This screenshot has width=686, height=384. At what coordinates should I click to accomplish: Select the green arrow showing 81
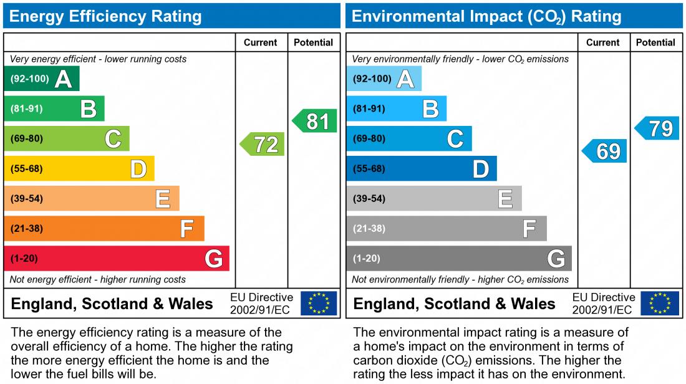[316, 121]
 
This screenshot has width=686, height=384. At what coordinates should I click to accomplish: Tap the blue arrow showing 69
[605, 151]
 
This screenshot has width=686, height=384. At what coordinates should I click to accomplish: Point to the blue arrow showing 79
[658, 128]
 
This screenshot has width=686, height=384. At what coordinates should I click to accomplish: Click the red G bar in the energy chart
[117, 258]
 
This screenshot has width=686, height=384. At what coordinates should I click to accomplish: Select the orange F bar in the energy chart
[104, 228]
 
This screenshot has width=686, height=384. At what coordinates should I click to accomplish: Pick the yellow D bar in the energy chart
[79, 168]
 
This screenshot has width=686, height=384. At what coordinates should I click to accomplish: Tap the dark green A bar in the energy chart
[42, 79]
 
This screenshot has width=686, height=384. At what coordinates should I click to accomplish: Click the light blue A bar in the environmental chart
[384, 79]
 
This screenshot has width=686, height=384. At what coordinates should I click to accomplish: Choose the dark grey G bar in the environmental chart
[458, 258]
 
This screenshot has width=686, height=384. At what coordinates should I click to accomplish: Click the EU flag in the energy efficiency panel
[319, 304]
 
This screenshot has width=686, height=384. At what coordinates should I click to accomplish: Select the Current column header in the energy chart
[261, 42]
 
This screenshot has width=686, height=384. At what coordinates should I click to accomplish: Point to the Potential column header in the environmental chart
[655, 42]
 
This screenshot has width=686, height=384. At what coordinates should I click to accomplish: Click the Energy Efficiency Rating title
[106, 16]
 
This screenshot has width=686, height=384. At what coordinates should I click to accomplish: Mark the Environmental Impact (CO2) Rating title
[486, 16]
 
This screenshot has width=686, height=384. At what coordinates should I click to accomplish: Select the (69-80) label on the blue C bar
[369, 139]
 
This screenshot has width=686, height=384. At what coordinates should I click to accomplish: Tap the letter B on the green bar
[89, 109]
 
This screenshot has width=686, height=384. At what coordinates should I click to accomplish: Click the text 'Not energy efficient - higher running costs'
[98, 279]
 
